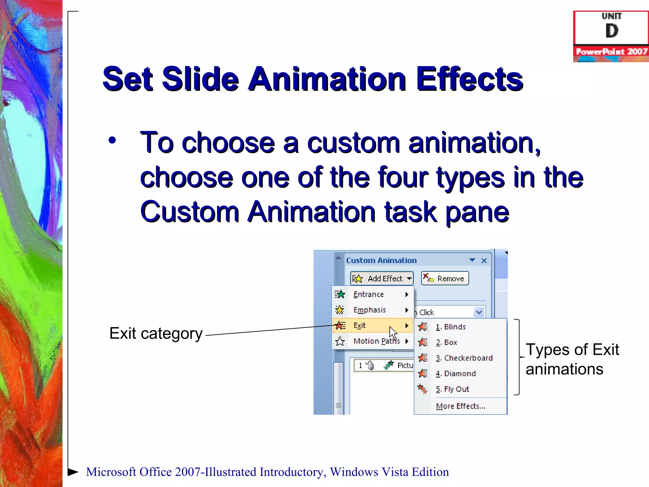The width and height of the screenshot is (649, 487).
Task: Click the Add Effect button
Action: [382, 278]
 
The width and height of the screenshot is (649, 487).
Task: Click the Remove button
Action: [445, 278]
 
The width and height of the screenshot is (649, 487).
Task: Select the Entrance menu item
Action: [369, 295]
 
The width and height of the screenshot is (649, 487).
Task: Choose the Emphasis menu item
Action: [369, 310]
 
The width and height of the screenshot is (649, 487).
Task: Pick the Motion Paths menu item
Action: [376, 341]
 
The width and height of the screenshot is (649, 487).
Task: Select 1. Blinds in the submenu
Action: [450, 327]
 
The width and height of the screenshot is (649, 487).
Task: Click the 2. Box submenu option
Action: [446, 342]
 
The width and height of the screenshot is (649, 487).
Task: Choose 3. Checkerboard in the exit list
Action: [464, 358]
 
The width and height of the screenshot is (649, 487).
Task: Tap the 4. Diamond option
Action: [455, 373]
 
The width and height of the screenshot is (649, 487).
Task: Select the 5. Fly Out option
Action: [452, 389]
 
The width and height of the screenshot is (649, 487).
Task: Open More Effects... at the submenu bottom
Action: [460, 406]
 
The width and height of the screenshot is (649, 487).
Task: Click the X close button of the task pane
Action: [484, 261]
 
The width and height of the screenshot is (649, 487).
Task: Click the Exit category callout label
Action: [156, 334]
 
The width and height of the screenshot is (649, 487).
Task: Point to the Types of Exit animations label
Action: [572, 359]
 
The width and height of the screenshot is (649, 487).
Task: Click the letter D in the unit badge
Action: [611, 31]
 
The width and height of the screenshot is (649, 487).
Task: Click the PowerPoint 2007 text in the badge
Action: [611, 52]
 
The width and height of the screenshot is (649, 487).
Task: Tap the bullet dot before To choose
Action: [112, 140]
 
